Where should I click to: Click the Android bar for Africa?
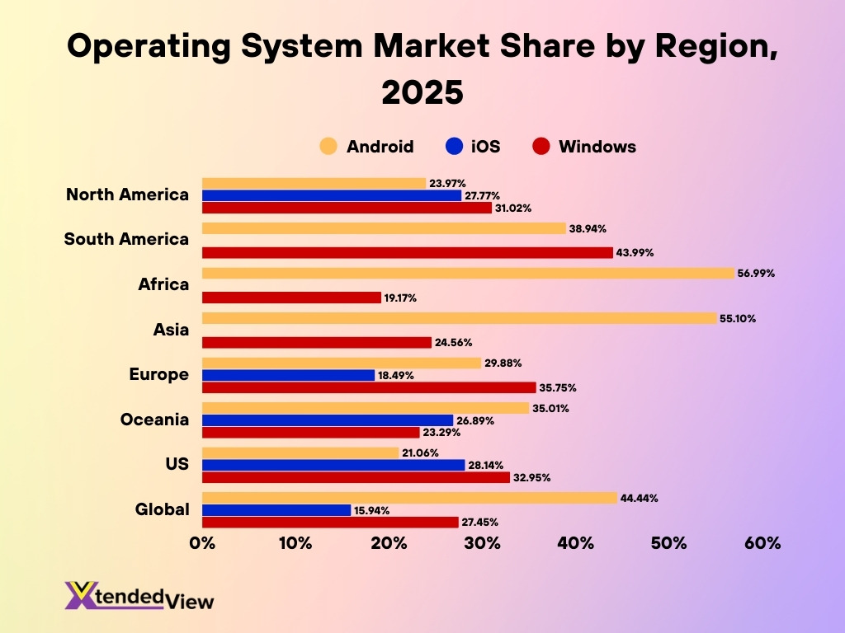[x=468, y=273]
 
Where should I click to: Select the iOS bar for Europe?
[x=288, y=375]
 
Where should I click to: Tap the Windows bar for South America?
[x=407, y=253]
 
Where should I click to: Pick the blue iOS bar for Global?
[x=276, y=510]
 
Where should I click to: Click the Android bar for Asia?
[x=459, y=318]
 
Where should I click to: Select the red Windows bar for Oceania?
[x=311, y=432]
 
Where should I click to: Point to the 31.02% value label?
[x=515, y=208]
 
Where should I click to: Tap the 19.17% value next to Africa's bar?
[x=401, y=298]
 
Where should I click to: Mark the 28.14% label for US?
[x=488, y=465]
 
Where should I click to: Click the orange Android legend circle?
[x=328, y=147]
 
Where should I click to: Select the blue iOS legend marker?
[x=453, y=147]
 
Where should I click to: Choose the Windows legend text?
[x=597, y=147]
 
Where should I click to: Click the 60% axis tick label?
[x=762, y=543]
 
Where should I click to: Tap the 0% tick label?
[x=202, y=543]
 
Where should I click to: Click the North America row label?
[x=127, y=195]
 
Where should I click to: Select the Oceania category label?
[x=154, y=420]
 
